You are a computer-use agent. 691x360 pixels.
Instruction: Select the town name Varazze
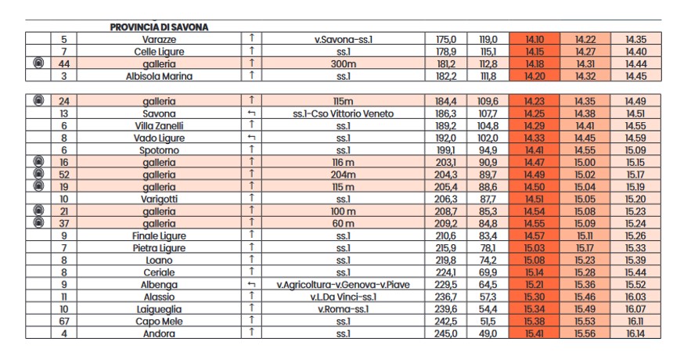point(159,39)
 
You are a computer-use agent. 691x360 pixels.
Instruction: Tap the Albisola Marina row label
point(159,77)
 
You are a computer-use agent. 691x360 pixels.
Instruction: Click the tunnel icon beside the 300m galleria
point(38,64)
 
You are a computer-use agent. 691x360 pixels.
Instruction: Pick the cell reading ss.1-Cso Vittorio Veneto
point(346,113)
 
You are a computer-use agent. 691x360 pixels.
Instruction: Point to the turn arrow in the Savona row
point(251,113)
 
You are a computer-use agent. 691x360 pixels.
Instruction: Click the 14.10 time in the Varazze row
point(534,39)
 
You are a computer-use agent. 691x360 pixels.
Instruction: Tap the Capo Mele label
point(159,321)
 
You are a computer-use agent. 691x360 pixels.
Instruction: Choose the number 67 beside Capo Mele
point(64,321)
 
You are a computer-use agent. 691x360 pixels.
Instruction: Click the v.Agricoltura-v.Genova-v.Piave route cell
point(346,284)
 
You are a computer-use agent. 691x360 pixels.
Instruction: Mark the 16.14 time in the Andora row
point(635,333)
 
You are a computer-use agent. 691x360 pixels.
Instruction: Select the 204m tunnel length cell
point(346,175)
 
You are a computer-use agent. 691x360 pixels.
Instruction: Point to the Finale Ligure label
point(159,236)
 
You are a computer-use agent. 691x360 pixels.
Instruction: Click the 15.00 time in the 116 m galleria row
point(585,162)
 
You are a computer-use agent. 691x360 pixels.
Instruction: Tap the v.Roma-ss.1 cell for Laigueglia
point(346,308)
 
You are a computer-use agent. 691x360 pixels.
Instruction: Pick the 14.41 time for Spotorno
point(534,150)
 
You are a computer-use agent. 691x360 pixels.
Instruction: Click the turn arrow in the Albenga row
point(251,284)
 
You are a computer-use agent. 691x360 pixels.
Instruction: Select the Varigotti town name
point(159,199)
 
